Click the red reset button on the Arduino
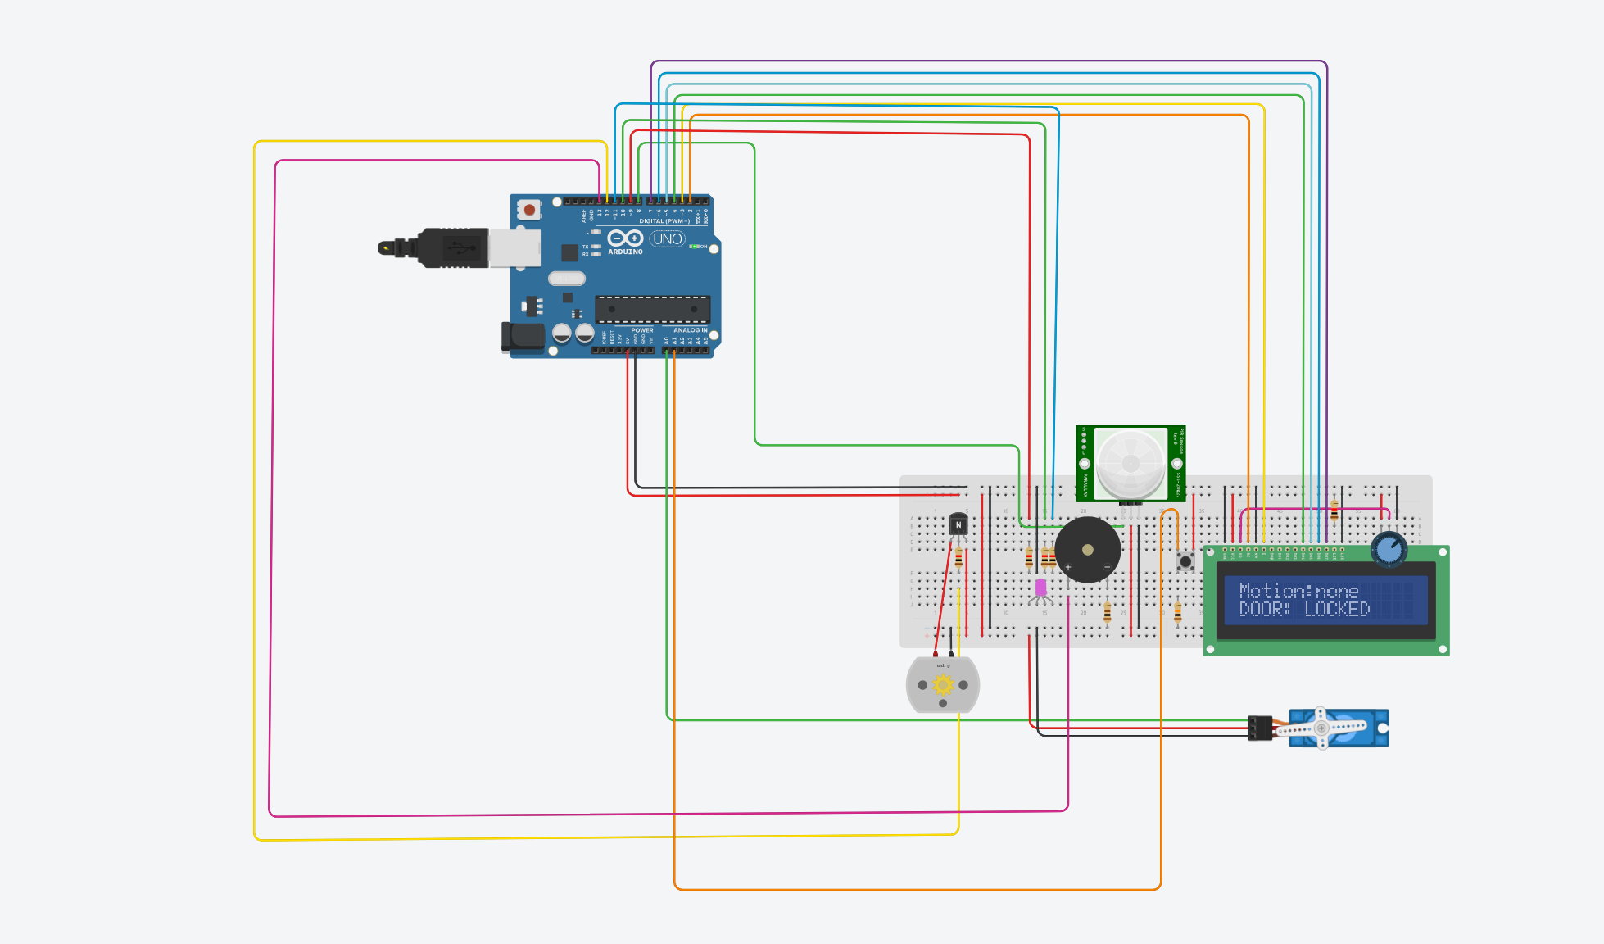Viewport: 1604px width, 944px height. click(530, 211)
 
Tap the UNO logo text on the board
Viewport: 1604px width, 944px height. click(667, 239)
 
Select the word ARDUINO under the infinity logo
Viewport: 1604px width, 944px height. click(625, 252)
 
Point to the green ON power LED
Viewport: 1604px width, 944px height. click(694, 247)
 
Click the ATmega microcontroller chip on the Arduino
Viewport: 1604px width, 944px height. click(652, 309)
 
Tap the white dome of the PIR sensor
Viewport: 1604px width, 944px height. click(1131, 464)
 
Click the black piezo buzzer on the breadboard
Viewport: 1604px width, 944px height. click(1087, 550)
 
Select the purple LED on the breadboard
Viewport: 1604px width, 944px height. click(1040, 587)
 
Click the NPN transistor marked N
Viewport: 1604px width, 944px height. click(958, 524)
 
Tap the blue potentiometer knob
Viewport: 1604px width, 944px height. click(1389, 550)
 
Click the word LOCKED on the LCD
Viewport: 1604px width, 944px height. click(1337, 609)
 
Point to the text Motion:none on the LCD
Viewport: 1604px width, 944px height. click(1298, 591)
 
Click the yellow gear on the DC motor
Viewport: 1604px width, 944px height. click(943, 685)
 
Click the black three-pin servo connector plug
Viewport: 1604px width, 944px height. click(1260, 728)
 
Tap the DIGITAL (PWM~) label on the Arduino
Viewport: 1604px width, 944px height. click(663, 221)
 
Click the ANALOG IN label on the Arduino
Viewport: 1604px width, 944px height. click(690, 330)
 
